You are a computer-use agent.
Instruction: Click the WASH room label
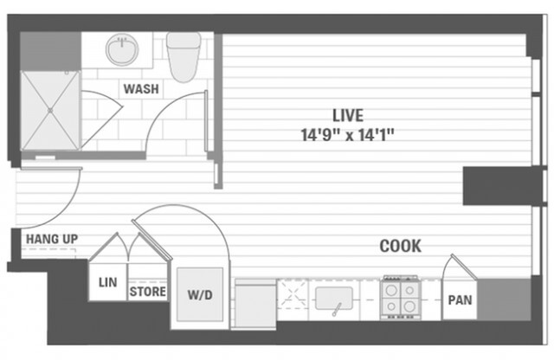(139, 89)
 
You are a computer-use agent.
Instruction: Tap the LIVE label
(347, 114)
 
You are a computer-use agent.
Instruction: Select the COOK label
(400, 247)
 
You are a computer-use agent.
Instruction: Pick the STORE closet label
(147, 292)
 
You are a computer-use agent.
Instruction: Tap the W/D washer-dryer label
(200, 294)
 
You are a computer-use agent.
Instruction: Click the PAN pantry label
(459, 301)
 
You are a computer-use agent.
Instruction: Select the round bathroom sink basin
(123, 49)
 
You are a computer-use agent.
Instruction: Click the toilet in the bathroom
(184, 54)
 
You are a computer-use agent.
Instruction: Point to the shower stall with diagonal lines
(50, 110)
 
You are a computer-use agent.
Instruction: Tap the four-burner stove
(399, 299)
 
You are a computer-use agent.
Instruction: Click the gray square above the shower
(49, 51)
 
